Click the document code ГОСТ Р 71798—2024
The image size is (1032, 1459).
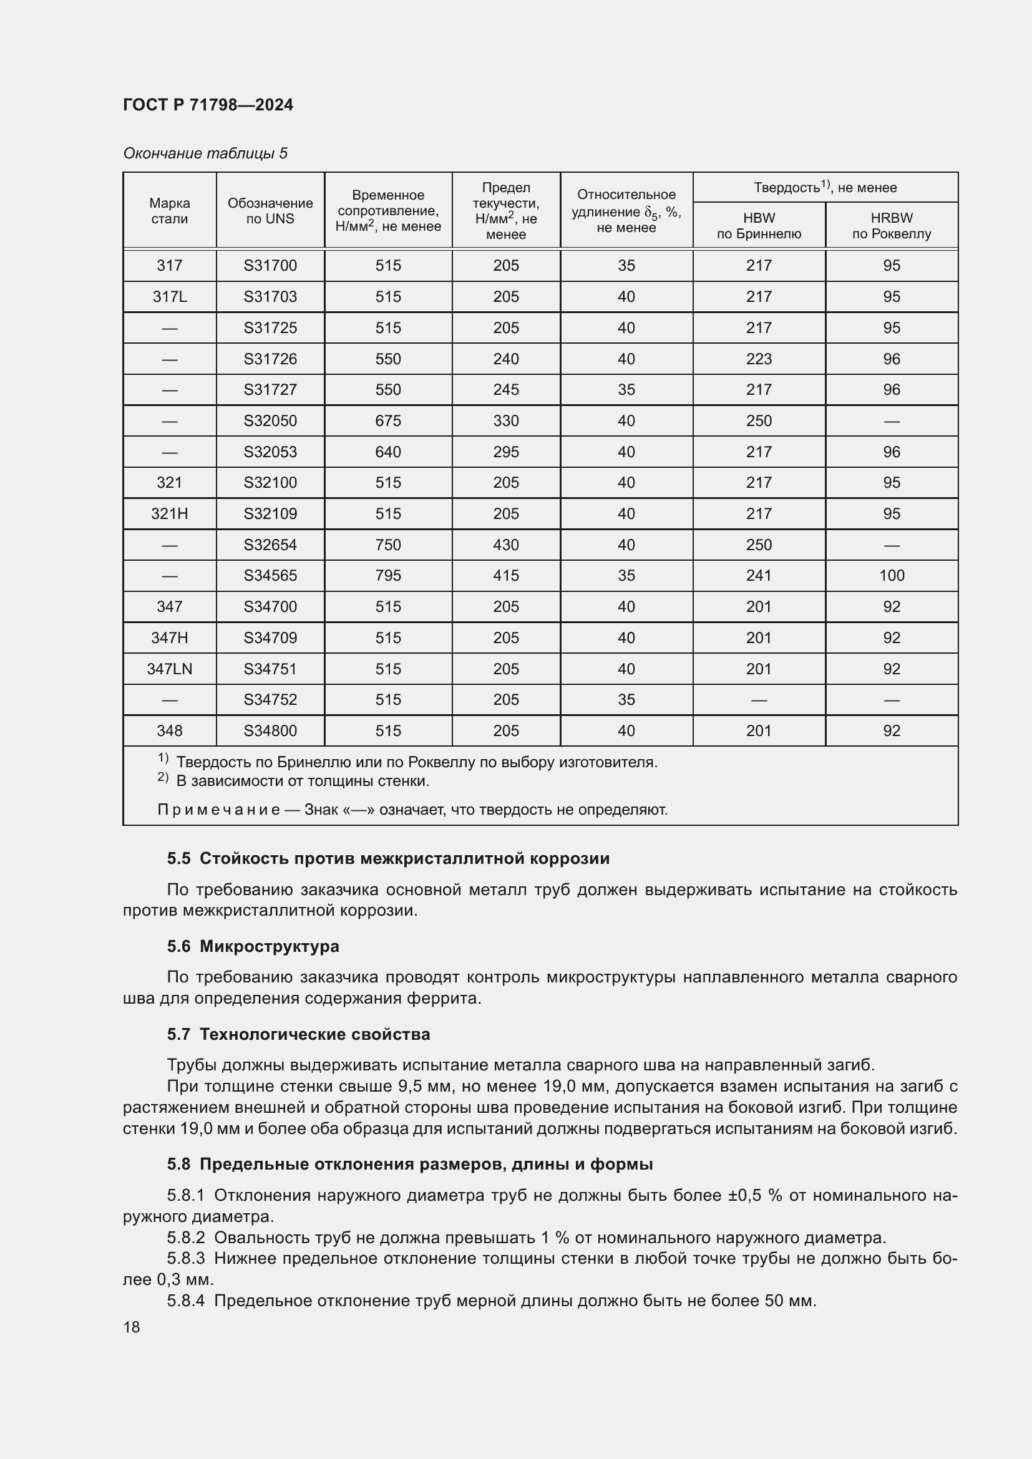click(208, 105)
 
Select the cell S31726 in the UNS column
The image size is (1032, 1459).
click(270, 359)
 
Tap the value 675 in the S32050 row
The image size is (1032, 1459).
click(387, 420)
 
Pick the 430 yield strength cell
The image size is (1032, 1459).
click(506, 545)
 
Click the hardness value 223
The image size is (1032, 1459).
click(759, 359)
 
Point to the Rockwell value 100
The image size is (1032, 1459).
click(891, 575)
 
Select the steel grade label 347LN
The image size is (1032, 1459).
click(170, 669)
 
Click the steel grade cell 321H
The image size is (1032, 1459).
click(170, 513)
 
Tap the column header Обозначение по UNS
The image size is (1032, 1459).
click(270, 211)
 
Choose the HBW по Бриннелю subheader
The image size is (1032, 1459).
click(759, 226)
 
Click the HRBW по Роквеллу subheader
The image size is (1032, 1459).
click(891, 226)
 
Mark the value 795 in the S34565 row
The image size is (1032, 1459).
click(387, 575)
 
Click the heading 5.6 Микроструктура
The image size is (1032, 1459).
click(253, 946)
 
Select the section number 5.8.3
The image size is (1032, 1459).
click(185, 1258)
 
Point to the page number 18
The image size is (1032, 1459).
click(132, 1327)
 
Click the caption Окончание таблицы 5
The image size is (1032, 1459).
click(205, 153)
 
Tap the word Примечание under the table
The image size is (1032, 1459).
click(218, 810)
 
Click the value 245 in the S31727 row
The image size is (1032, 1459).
click(506, 389)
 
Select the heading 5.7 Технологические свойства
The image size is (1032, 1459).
click(299, 1034)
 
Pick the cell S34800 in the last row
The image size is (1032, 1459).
click(270, 731)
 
